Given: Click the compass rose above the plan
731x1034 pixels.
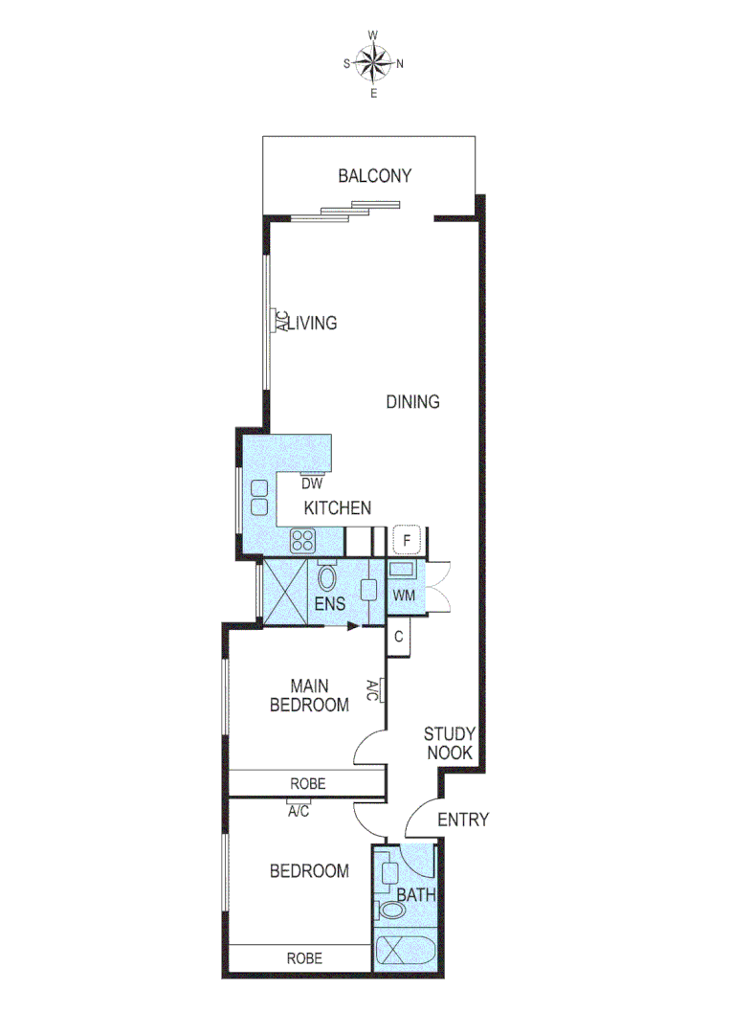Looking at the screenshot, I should [373, 64].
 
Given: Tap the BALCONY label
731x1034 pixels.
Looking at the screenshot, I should [374, 176].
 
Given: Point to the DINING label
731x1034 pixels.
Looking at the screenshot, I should [412, 402].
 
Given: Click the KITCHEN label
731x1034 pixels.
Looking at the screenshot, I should [338, 508].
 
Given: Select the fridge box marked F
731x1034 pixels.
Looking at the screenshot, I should [407, 541].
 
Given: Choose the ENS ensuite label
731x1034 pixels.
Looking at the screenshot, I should [330, 605].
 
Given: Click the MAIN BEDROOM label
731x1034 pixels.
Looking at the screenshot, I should [309, 696].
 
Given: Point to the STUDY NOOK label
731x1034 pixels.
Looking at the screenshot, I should [449, 744].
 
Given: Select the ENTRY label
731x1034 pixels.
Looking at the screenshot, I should [462, 820].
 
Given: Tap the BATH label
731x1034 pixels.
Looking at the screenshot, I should [416, 896].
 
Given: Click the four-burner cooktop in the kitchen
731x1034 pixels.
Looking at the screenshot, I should [303, 541].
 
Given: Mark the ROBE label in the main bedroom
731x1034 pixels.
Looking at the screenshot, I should [307, 783].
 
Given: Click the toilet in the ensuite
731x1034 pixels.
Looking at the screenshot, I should [327, 578].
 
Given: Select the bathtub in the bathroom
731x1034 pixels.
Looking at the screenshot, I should [402, 952].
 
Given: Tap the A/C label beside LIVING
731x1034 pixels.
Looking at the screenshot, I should [282, 321].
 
